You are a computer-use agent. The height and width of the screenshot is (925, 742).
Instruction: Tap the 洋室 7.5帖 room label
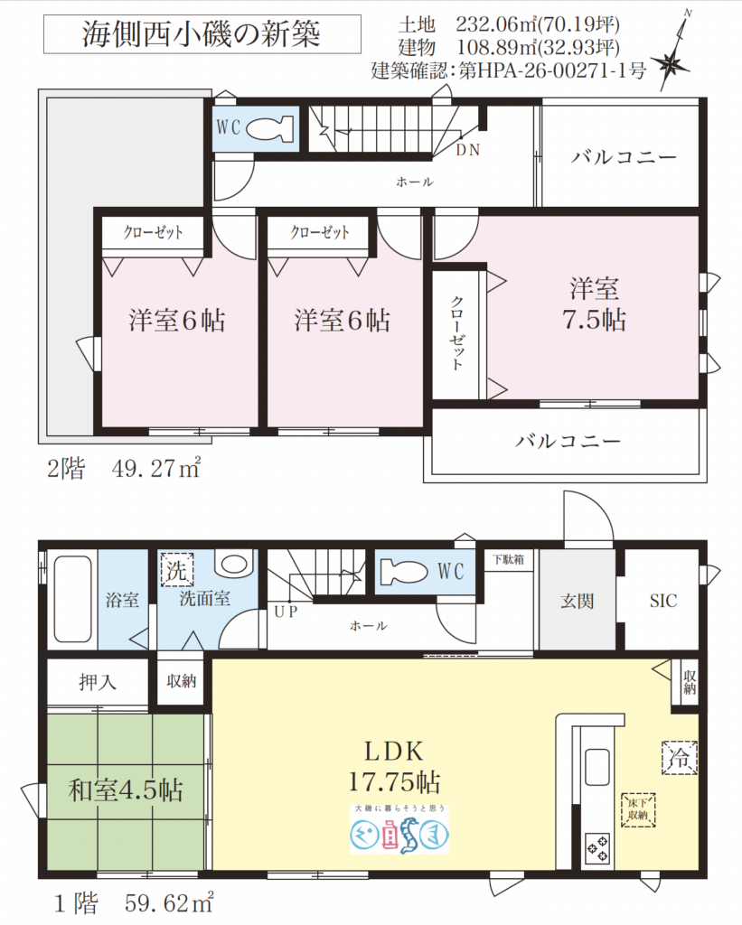[x=594, y=304]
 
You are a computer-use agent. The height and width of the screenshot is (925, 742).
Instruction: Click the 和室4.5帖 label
[x=126, y=791]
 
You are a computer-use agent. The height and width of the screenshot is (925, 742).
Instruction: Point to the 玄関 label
[x=576, y=601]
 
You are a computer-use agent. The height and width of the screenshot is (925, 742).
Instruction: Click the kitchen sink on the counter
[x=598, y=769]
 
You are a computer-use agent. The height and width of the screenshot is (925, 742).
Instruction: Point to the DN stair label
[x=467, y=150]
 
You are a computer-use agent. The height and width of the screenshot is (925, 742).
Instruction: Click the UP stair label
[x=284, y=612]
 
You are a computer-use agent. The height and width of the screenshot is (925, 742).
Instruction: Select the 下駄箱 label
[x=512, y=559]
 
